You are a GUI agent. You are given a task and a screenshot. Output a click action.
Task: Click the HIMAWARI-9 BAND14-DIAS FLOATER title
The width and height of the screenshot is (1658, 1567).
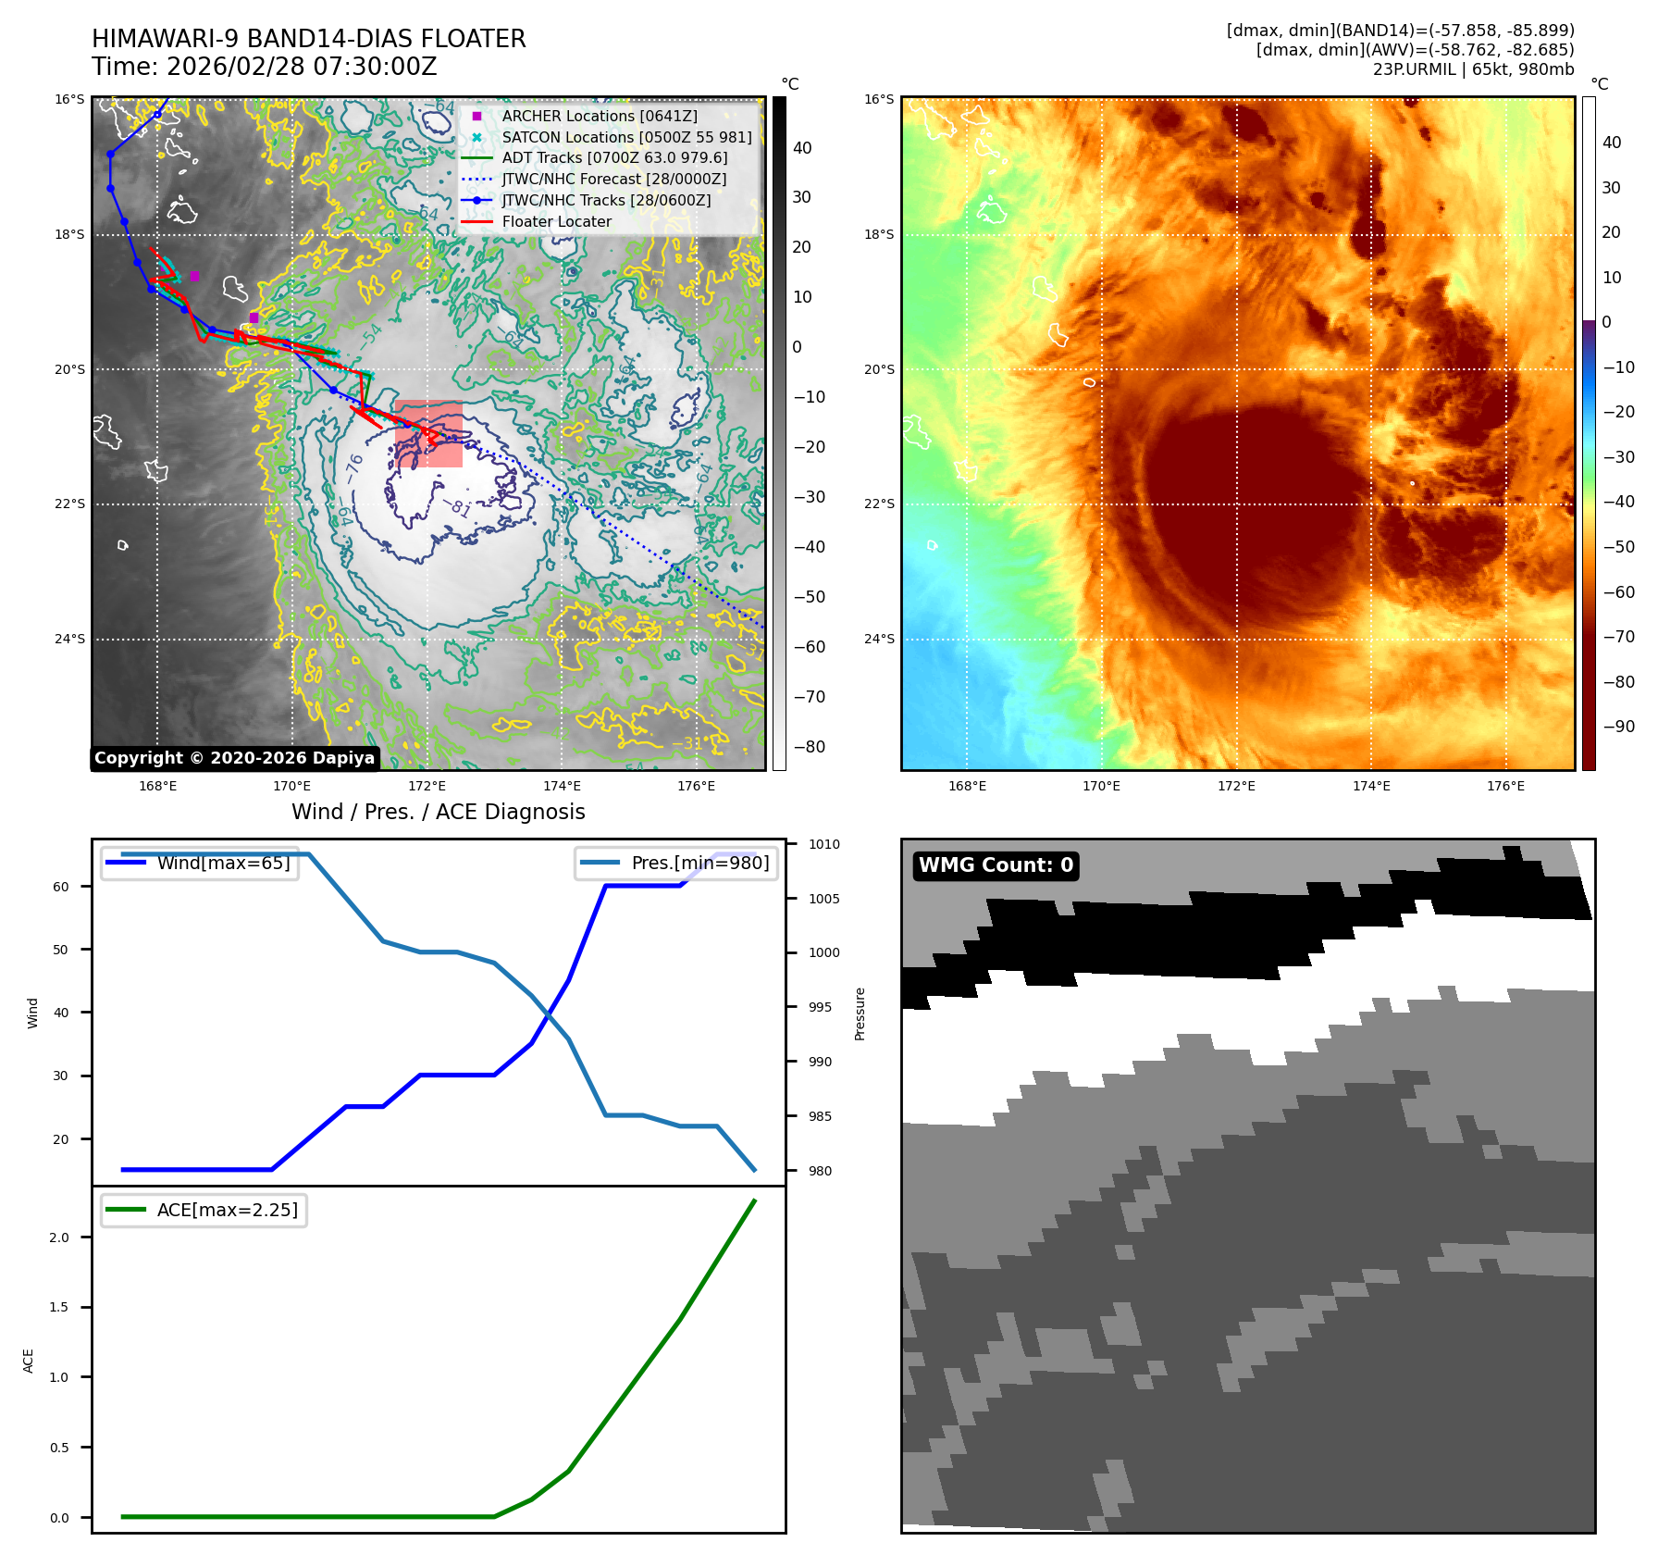[x=308, y=39]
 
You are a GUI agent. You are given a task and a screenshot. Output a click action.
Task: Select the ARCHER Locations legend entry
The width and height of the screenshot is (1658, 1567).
[x=599, y=116]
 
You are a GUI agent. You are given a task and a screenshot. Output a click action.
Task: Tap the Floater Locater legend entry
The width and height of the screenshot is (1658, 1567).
[x=556, y=221]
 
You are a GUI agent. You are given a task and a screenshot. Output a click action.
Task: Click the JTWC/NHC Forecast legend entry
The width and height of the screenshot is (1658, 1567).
[x=613, y=179]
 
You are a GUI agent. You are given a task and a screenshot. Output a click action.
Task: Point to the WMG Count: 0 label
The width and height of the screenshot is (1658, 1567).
[x=996, y=865]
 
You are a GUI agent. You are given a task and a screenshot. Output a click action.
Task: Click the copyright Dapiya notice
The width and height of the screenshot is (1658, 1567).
[x=234, y=758]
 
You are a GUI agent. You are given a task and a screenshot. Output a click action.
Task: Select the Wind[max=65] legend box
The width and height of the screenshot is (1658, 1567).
[x=200, y=864]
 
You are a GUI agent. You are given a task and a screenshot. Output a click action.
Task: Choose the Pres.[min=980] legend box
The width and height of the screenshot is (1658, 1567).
[x=675, y=864]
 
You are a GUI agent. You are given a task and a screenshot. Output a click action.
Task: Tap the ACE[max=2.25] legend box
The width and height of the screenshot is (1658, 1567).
[x=204, y=1211]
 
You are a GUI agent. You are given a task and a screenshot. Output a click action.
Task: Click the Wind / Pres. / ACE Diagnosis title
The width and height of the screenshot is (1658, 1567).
[x=439, y=812]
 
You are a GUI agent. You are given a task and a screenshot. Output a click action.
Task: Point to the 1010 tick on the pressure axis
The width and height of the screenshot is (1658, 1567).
[x=823, y=844]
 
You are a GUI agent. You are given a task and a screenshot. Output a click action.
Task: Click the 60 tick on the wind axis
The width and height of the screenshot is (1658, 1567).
[x=61, y=887]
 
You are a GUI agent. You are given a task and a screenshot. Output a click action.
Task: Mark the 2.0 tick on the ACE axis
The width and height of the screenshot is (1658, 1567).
[x=59, y=1237]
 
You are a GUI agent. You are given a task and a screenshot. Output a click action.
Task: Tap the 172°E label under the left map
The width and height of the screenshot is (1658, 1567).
[x=427, y=786]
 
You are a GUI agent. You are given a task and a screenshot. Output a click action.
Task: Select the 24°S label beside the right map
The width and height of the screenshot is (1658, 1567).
[x=879, y=639]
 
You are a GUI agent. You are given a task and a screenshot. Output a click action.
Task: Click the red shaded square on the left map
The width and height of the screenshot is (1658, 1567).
[x=428, y=433]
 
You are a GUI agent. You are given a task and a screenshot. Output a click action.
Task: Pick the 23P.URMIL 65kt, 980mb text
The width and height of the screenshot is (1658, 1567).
[x=1473, y=69]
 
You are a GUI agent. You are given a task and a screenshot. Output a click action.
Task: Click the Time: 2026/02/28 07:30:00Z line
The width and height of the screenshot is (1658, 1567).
[x=264, y=67]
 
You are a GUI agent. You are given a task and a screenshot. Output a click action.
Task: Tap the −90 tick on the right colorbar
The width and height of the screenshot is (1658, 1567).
[x=1618, y=727]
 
